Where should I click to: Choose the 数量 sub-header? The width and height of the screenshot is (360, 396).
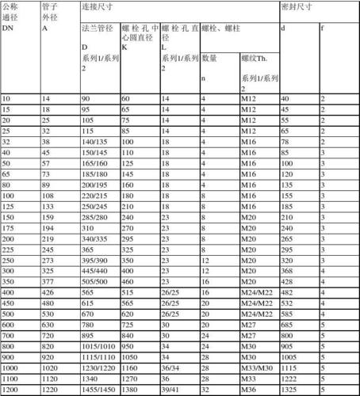point(209,58)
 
